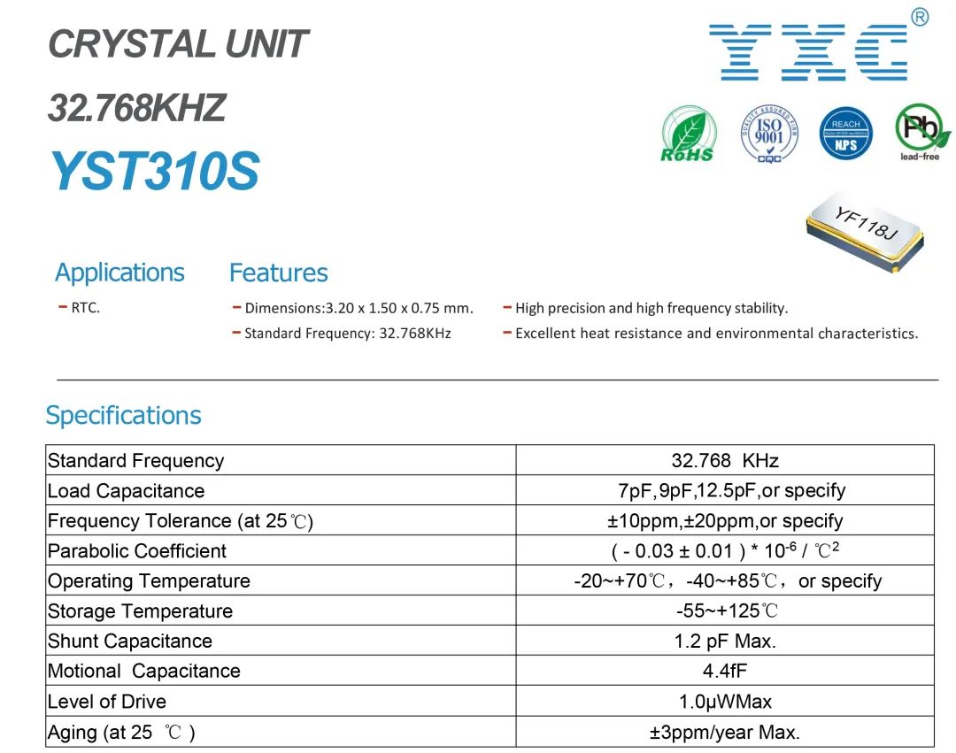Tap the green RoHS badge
[x=689, y=134]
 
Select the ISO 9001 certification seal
[x=769, y=134]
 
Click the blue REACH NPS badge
[x=845, y=134]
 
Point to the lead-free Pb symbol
[x=921, y=132]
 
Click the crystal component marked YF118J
[x=865, y=230]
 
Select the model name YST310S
[x=155, y=171]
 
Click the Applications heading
[x=119, y=273]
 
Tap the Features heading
[x=279, y=273]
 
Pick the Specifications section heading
[x=123, y=416]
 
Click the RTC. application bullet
[x=80, y=308]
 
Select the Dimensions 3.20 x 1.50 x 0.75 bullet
[x=353, y=308]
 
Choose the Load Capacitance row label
[x=127, y=490]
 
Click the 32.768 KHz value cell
[x=725, y=460]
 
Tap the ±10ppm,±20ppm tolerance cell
[x=725, y=521]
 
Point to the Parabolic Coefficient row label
[x=137, y=550]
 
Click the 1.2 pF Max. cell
[x=725, y=641]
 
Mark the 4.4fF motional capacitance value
[x=725, y=671]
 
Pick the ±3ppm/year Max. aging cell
[x=725, y=732]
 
